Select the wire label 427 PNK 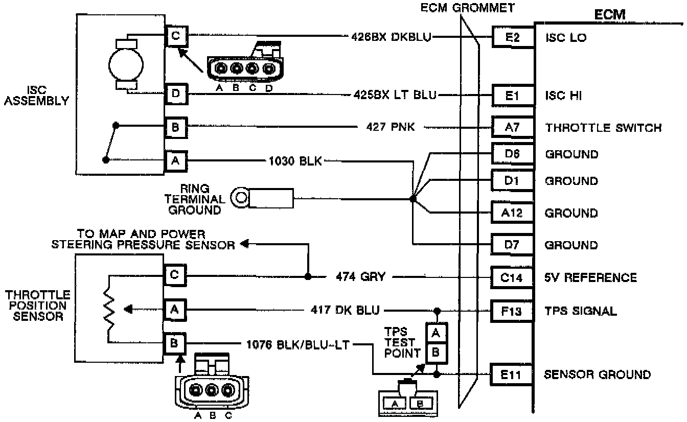[391, 127]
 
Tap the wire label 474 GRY [361, 277]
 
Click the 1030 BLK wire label [295, 161]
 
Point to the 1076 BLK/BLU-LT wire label [299, 345]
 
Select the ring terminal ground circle [240, 198]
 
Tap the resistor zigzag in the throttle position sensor [109, 310]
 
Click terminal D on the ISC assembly [175, 95]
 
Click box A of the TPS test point [436, 333]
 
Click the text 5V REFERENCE [590, 277]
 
